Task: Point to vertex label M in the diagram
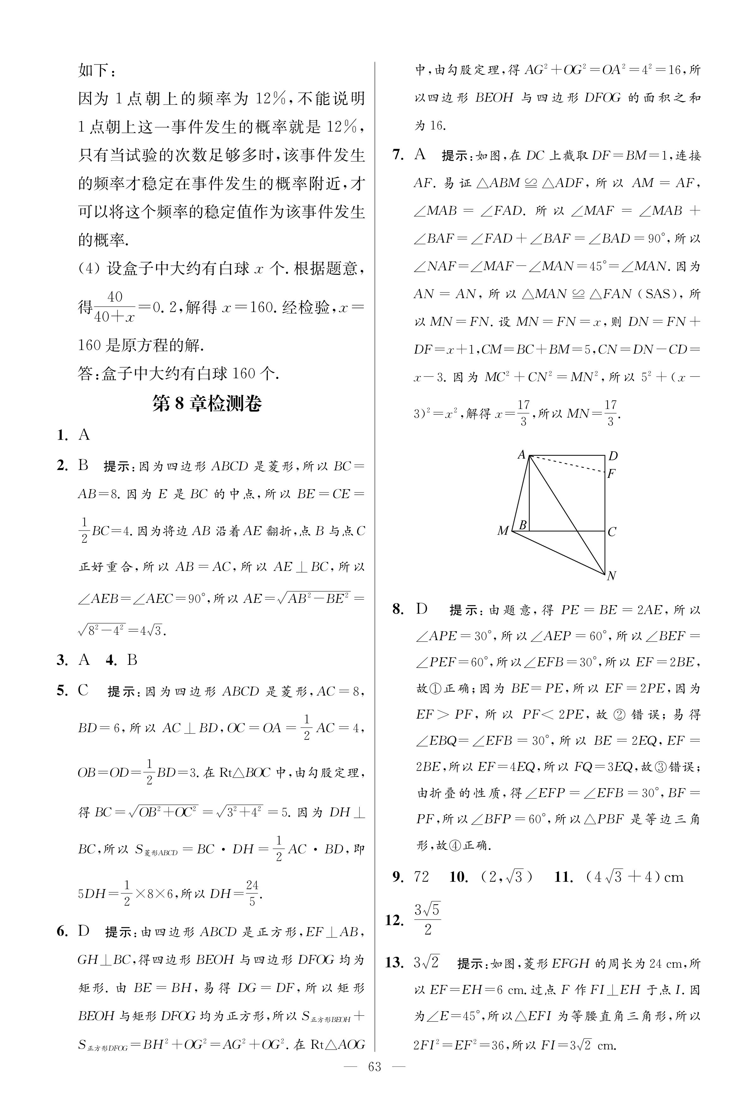pyautogui.click(x=503, y=531)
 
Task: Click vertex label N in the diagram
pyautogui.click(x=611, y=576)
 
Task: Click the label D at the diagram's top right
pyautogui.click(x=613, y=456)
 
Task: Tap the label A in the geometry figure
pyautogui.click(x=522, y=455)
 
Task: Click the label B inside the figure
pyautogui.click(x=523, y=525)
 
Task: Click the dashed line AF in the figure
pyautogui.click(x=568, y=464)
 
